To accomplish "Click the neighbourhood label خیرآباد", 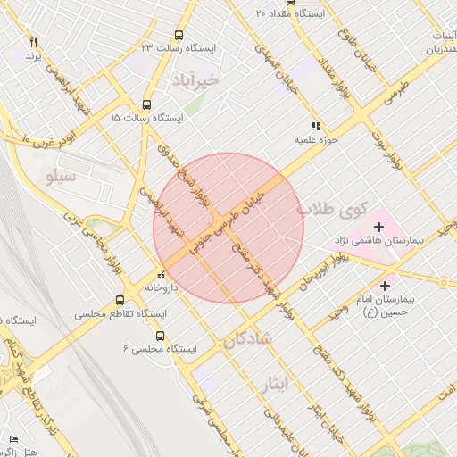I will (x=207, y=79).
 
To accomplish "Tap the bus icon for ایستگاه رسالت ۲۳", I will (x=179, y=36).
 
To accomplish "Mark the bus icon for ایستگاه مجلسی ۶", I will (x=160, y=336).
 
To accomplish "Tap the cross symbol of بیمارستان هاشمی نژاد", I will (x=378, y=227).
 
